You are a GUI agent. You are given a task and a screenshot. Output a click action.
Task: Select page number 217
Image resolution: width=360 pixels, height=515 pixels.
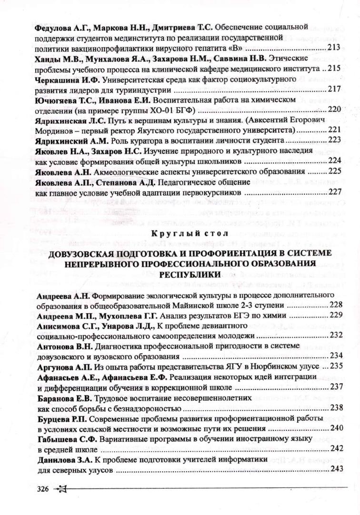point(334,89)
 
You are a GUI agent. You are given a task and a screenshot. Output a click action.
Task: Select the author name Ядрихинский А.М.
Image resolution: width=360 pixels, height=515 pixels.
point(71,140)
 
